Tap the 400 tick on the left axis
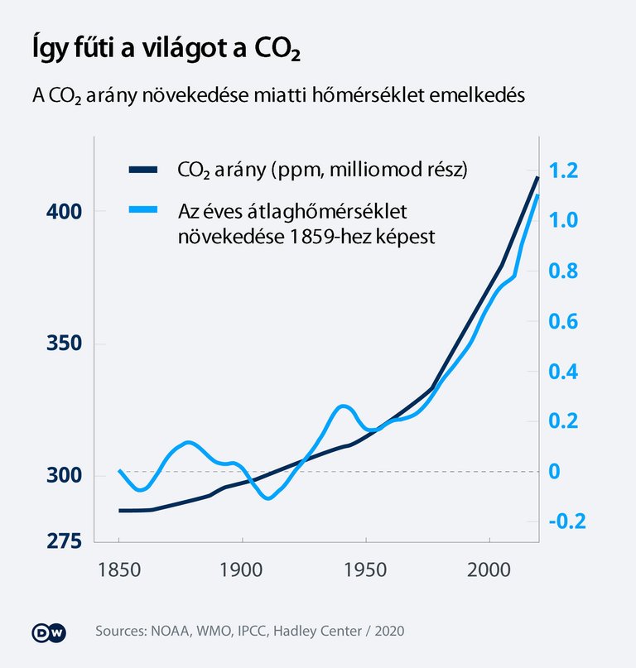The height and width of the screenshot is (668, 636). point(64,212)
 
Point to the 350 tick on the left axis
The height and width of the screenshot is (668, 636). point(64,344)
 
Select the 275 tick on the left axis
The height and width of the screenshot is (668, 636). point(64,541)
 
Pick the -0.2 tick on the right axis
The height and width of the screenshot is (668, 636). point(565,521)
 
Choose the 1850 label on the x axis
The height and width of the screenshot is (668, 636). point(119,570)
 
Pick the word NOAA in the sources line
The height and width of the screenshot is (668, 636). point(169,632)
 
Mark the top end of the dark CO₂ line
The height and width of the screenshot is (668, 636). point(537,177)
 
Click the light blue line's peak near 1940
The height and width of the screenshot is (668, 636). point(345,406)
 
